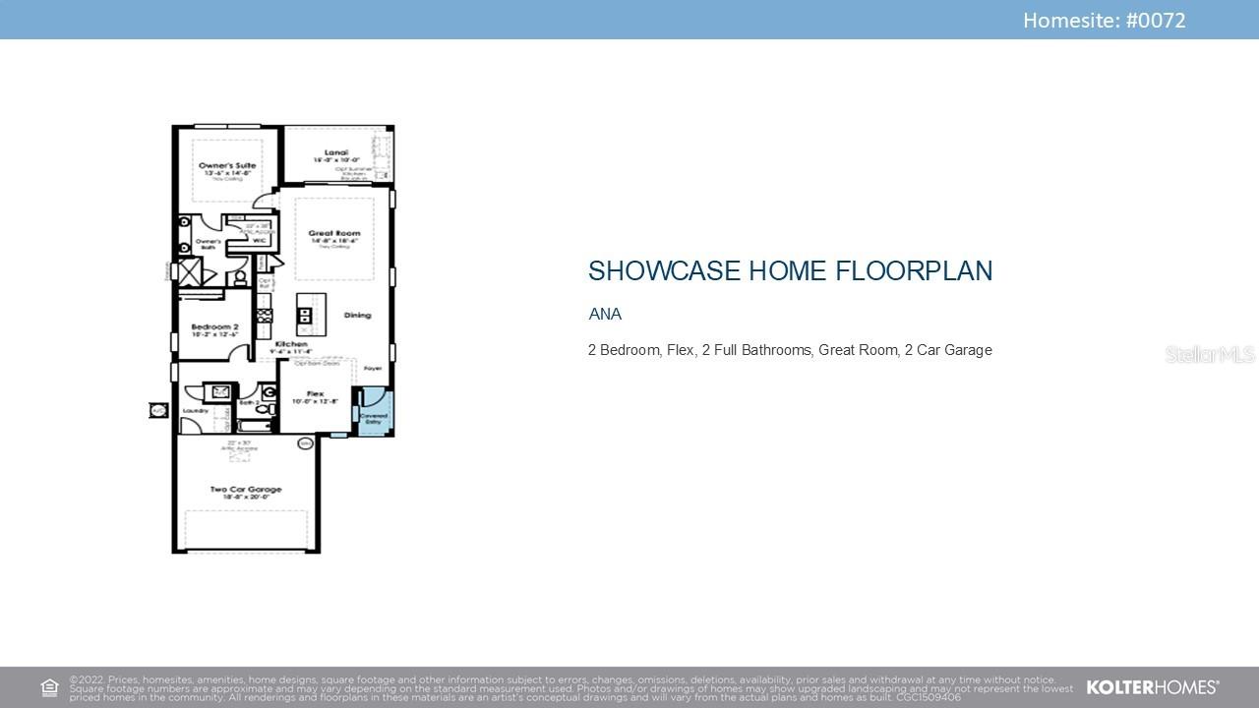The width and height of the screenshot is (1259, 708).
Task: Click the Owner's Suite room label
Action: (x=227, y=166)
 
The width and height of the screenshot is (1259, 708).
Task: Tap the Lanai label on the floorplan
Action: (x=336, y=153)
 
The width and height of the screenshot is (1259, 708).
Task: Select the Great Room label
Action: (x=334, y=234)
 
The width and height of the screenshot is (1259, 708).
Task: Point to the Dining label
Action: (x=357, y=316)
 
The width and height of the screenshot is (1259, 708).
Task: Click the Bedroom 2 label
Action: (x=214, y=326)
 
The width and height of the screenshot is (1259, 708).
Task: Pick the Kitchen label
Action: (x=292, y=344)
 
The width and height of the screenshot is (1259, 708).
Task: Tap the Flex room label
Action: (x=315, y=394)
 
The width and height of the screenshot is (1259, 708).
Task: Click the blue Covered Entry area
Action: (x=374, y=413)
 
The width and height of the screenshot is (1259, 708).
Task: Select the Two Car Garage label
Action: (x=245, y=489)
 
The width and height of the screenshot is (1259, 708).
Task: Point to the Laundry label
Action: (x=196, y=411)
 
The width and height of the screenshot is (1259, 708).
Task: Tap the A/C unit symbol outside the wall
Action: (x=157, y=410)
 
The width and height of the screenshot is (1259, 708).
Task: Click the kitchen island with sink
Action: (x=305, y=316)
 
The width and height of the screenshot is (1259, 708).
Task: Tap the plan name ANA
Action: (x=605, y=315)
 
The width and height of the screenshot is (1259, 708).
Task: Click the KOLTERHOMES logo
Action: (x=1152, y=687)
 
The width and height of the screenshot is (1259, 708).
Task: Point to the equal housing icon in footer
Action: (x=49, y=687)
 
